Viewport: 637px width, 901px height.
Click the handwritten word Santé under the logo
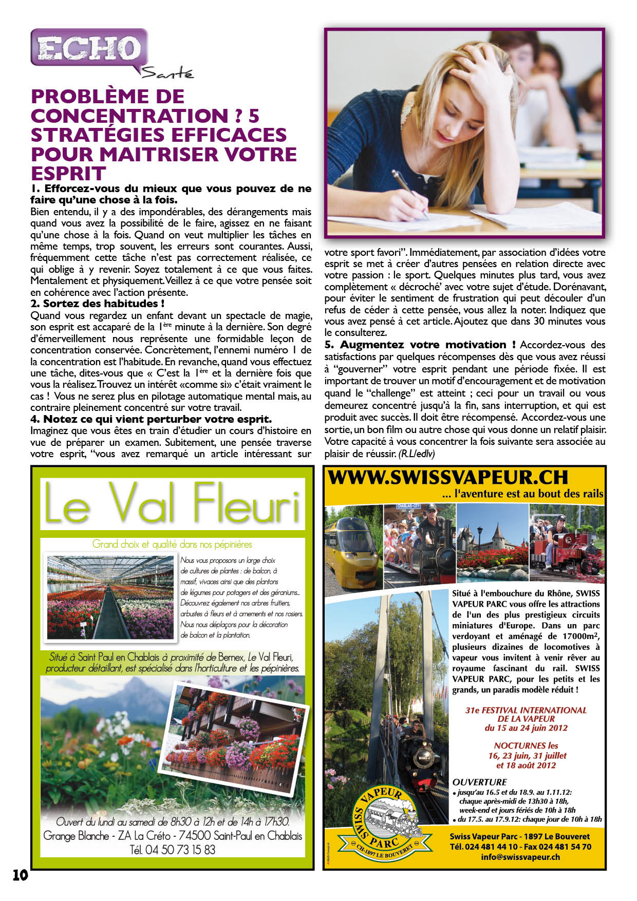[x=167, y=74]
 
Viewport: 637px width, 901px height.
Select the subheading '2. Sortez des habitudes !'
[x=98, y=304]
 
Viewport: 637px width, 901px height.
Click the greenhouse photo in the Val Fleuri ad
[x=110, y=597]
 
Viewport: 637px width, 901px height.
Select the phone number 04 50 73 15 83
[x=173, y=850]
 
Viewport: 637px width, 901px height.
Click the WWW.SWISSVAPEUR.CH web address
[x=448, y=478]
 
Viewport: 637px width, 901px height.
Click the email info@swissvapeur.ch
[x=520, y=857]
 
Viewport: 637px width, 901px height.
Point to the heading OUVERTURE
[x=479, y=782]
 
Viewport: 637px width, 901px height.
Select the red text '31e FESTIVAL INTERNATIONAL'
[x=526, y=710]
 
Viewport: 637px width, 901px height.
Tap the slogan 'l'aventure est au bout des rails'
[x=522, y=494]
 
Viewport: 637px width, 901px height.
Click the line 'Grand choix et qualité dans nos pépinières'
[x=172, y=544]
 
